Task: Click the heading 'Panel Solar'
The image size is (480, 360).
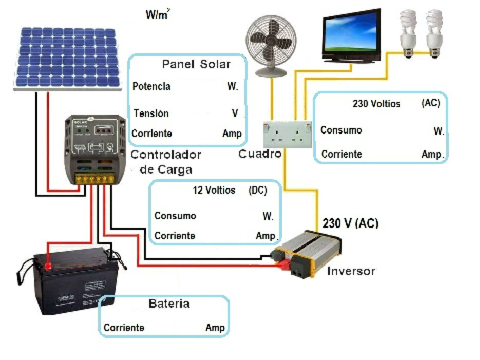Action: click(196, 64)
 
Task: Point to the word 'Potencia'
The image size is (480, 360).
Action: click(151, 86)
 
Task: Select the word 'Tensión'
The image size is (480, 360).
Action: click(150, 113)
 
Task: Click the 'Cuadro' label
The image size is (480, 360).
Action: click(259, 154)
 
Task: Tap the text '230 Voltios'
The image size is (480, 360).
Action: click(376, 104)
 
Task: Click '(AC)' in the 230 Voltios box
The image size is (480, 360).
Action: click(430, 103)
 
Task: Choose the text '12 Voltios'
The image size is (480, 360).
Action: click(214, 190)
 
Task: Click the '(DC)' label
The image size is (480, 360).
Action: click(257, 190)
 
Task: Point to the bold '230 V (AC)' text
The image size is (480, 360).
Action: click(350, 223)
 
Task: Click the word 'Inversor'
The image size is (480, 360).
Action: click(350, 271)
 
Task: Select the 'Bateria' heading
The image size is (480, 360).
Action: click(169, 303)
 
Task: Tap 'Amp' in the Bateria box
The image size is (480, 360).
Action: click(214, 328)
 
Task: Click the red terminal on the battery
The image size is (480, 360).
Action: click(47, 265)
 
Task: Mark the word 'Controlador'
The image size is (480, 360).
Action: click(165, 155)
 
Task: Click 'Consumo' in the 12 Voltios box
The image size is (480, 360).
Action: click(175, 216)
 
